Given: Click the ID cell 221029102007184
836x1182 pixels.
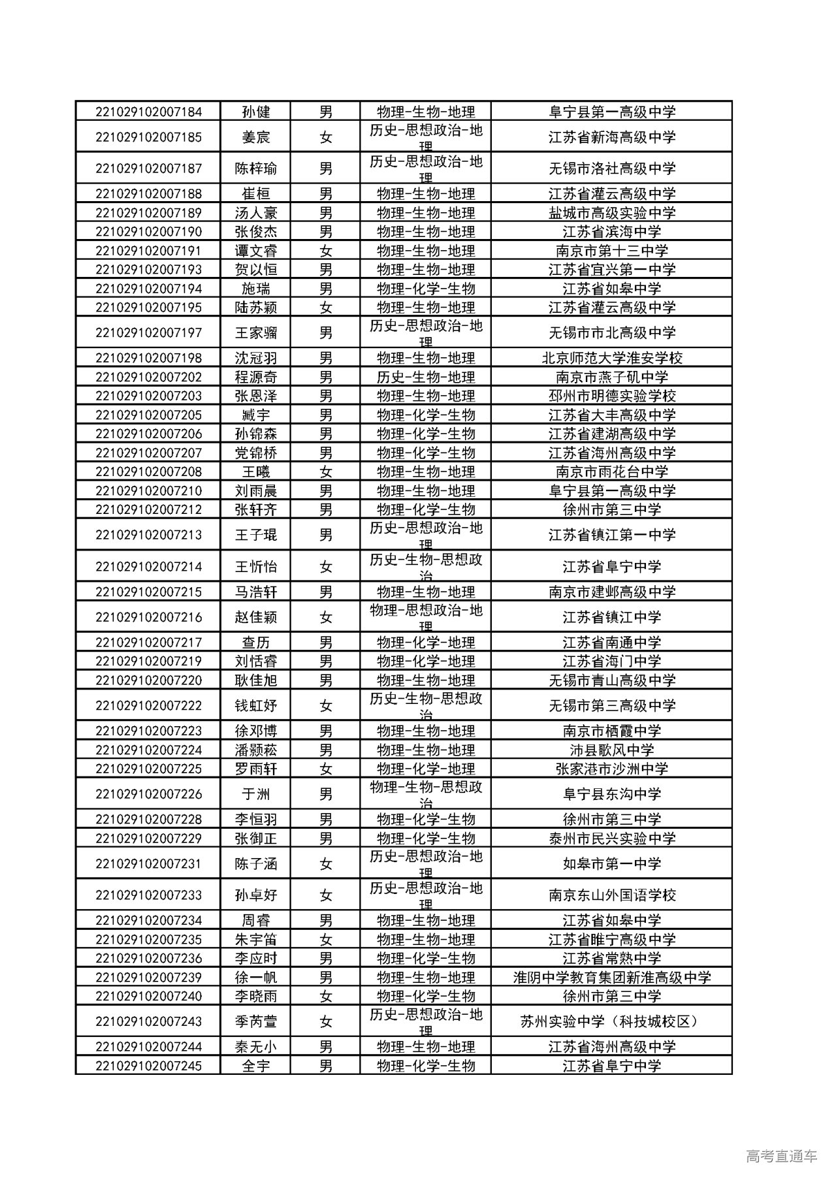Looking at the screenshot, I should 148,112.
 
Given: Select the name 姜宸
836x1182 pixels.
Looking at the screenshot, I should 255,137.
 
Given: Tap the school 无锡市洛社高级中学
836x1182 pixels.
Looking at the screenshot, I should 611,168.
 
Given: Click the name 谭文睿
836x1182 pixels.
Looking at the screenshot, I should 255,251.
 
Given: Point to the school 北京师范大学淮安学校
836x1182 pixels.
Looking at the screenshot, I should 611,358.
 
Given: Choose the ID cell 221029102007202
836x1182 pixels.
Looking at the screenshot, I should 148,377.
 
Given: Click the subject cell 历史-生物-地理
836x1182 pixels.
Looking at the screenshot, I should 425,377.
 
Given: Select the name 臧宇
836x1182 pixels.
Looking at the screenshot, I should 255,415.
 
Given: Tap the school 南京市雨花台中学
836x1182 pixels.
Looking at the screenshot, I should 611,471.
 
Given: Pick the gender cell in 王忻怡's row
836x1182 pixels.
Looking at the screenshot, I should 325,567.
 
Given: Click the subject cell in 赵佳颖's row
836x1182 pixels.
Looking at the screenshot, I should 425,617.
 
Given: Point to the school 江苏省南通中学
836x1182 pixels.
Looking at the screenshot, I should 611,643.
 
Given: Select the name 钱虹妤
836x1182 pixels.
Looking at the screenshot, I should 255,705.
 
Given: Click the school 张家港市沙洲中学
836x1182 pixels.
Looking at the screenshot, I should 611,769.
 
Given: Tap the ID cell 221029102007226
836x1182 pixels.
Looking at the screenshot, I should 148,794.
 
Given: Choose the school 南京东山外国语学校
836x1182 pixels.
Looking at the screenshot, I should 611,895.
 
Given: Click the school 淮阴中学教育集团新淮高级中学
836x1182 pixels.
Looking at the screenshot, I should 611,978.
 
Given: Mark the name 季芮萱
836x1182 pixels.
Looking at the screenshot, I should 255,1021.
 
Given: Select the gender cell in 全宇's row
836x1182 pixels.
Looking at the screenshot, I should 325,1066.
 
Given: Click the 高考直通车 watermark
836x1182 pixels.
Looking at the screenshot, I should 780,1156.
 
